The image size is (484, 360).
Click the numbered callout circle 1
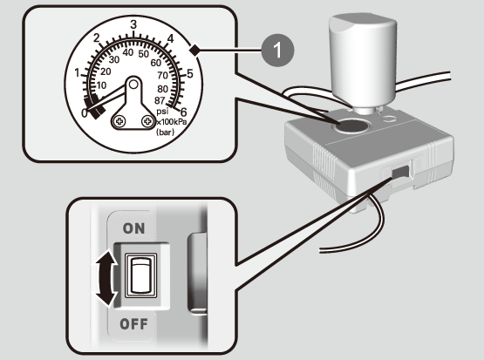coord(277,51)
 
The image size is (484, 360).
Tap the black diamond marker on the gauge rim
coord(195,51)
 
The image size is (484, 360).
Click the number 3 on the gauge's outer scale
coord(133,24)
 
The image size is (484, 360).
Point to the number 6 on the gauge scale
coord(183,112)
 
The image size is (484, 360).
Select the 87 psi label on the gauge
coord(160,100)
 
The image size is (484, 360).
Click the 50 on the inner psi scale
coord(144,54)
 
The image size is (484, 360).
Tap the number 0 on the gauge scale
coord(85,113)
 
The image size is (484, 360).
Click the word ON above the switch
coord(133,228)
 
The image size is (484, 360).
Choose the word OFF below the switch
coord(133,324)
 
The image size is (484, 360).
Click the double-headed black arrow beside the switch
coord(106,279)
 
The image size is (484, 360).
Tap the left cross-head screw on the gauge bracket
coord(119,121)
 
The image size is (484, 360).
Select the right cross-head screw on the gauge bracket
coord(147,121)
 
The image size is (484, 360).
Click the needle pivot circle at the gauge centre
coord(133,84)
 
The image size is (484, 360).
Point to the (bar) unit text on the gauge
coord(165,132)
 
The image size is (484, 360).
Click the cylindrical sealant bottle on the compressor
coord(363,62)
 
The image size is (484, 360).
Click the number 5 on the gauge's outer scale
coord(190,74)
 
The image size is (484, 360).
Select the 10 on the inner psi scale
coord(101,85)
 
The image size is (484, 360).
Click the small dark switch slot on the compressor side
coord(400,172)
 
